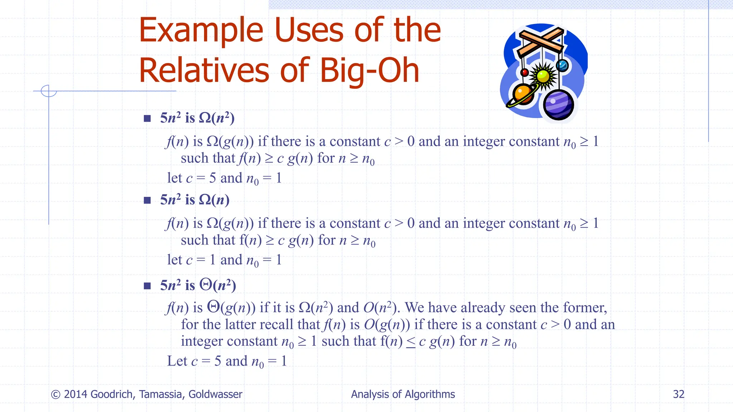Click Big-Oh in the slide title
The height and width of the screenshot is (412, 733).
tap(369, 71)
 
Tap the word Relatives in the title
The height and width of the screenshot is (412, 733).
tap(204, 71)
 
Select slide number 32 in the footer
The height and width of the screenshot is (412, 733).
tap(678, 394)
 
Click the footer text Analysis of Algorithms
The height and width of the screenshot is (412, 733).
tap(403, 394)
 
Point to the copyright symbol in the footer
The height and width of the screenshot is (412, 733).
tap(55, 394)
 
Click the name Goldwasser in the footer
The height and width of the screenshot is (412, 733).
tap(215, 394)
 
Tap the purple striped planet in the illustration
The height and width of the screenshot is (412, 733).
tap(558, 105)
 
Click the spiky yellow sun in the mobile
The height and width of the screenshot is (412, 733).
tap(543, 76)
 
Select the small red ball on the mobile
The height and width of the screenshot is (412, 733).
tap(525, 73)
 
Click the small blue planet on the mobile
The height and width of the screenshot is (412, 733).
tap(562, 65)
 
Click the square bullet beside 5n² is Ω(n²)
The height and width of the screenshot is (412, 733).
tap(147, 118)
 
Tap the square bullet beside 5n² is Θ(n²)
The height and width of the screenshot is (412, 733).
tap(147, 286)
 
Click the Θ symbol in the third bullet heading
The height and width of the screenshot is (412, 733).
tap(206, 285)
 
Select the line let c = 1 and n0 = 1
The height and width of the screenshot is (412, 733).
tap(224, 260)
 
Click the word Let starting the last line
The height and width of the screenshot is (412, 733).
tap(177, 361)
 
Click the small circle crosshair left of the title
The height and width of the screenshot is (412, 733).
tap(49, 91)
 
